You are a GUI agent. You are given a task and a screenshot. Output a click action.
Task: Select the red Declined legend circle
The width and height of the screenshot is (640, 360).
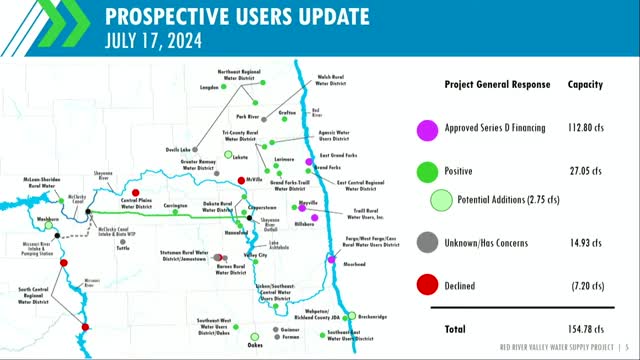pos(426,285)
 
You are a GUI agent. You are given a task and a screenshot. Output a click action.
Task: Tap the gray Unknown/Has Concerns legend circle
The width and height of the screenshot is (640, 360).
pos(426,241)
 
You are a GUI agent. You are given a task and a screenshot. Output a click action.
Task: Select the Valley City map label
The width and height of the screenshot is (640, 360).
pos(255,256)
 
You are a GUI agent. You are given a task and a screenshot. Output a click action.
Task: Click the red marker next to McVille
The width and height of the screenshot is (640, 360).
pos(241,180)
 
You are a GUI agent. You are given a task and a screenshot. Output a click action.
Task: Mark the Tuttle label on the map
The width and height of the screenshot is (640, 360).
pos(124,246)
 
